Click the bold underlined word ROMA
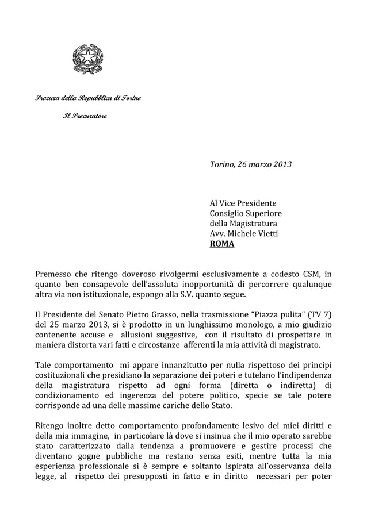222,244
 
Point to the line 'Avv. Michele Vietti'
244,234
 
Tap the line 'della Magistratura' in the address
243,224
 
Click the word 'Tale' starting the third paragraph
44,366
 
